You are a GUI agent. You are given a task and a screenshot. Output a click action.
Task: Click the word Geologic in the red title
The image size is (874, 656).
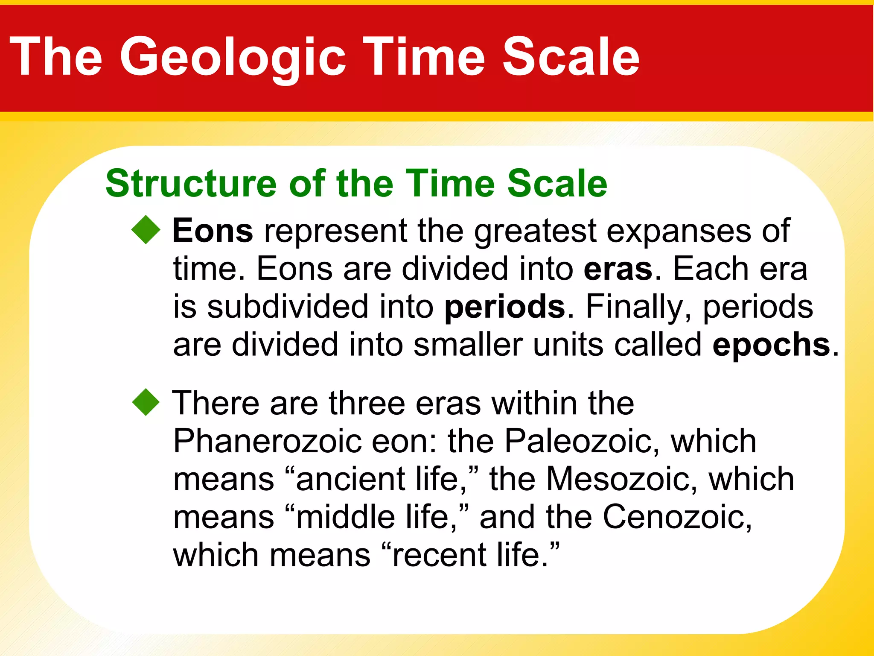[x=233, y=58]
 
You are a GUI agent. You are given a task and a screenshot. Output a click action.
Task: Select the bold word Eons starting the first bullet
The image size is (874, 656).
[x=213, y=231]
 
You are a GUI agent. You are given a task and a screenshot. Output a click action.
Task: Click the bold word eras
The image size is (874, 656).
[x=618, y=269]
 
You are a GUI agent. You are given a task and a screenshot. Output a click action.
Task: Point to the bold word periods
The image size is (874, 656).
[x=504, y=307]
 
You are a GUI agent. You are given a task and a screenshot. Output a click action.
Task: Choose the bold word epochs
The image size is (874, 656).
[x=771, y=345]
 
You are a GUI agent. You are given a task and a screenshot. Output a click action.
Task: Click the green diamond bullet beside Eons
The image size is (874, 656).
[x=146, y=230]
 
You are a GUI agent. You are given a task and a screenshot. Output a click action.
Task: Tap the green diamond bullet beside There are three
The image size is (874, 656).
[x=146, y=402]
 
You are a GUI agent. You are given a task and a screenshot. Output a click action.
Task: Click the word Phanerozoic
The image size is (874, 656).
[x=267, y=442]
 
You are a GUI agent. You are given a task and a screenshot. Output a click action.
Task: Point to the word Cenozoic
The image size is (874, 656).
[x=676, y=517]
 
